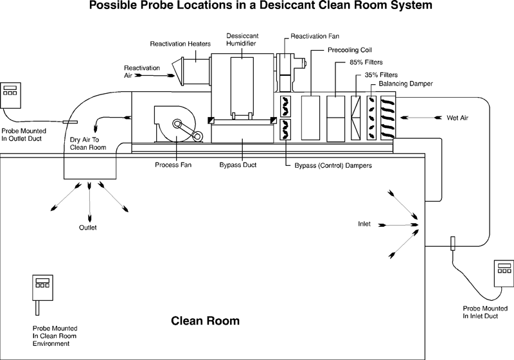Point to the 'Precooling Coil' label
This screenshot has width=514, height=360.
point(350,50)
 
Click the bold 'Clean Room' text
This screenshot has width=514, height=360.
point(205,320)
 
